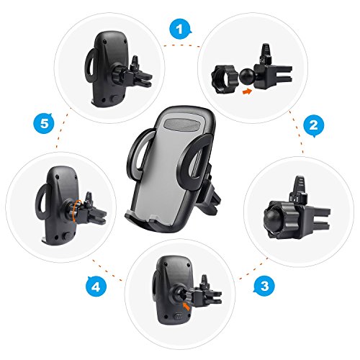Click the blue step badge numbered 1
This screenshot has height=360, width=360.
(x=180, y=30)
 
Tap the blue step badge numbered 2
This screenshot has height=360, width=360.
(x=314, y=125)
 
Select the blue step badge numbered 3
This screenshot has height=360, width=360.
(x=265, y=286)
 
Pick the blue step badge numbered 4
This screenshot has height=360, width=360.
(x=96, y=287)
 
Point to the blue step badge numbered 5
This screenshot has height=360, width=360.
(x=44, y=124)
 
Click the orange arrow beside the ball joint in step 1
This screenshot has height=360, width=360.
(x=248, y=91)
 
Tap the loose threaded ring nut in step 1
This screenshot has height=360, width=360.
(x=223, y=79)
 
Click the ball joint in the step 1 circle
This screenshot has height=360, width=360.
(x=247, y=77)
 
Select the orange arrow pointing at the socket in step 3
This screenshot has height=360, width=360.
(x=186, y=306)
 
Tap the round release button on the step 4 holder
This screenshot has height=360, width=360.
(x=66, y=235)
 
